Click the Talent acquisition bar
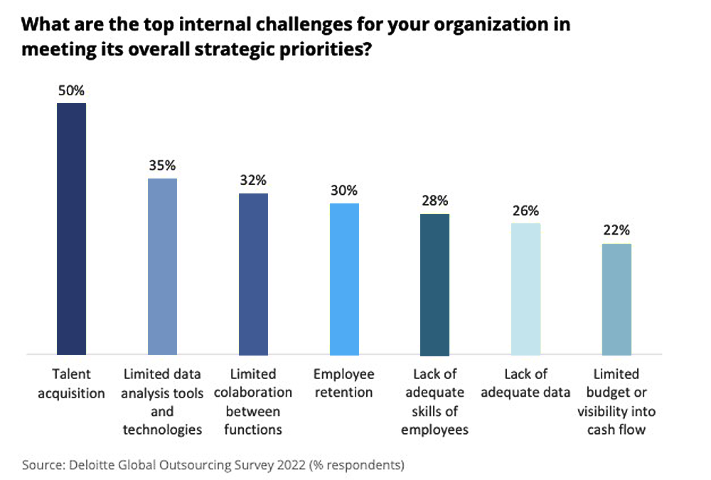[71, 228]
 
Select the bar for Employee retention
[344, 279]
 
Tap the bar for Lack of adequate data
[525, 288]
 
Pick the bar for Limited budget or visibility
[616, 299]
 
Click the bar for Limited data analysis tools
[162, 266]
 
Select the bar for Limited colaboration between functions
[253, 274]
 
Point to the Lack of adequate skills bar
[434, 284]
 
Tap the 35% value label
[162, 166]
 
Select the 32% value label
[253, 181]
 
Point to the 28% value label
[434, 201]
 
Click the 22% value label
[616, 230]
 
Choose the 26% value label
[525, 210]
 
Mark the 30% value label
[344, 191]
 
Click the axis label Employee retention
[344, 383]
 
